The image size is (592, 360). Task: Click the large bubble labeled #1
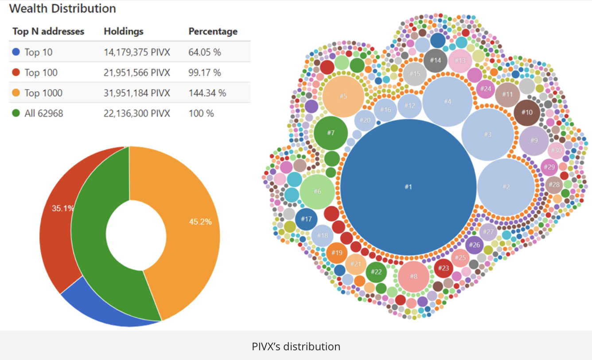click(408, 187)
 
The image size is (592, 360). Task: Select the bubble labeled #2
click(506, 187)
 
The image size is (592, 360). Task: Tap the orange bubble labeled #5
click(343, 96)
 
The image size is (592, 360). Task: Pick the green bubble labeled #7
click(331, 133)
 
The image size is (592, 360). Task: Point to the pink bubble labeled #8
click(413, 276)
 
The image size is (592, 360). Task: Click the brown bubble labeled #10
click(527, 112)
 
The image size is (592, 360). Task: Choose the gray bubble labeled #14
click(436, 60)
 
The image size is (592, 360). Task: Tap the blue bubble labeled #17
click(306, 219)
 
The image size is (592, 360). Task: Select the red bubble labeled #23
click(444, 268)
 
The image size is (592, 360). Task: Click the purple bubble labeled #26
click(474, 245)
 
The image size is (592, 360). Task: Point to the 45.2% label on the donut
click(200, 222)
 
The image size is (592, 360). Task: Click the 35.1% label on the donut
click(63, 208)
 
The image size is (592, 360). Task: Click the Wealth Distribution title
click(62, 8)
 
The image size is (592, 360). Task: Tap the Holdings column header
click(124, 31)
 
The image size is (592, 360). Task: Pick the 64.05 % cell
click(205, 52)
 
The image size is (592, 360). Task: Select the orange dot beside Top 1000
click(16, 93)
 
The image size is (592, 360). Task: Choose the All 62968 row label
click(44, 113)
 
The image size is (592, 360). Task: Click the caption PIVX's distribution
click(296, 346)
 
